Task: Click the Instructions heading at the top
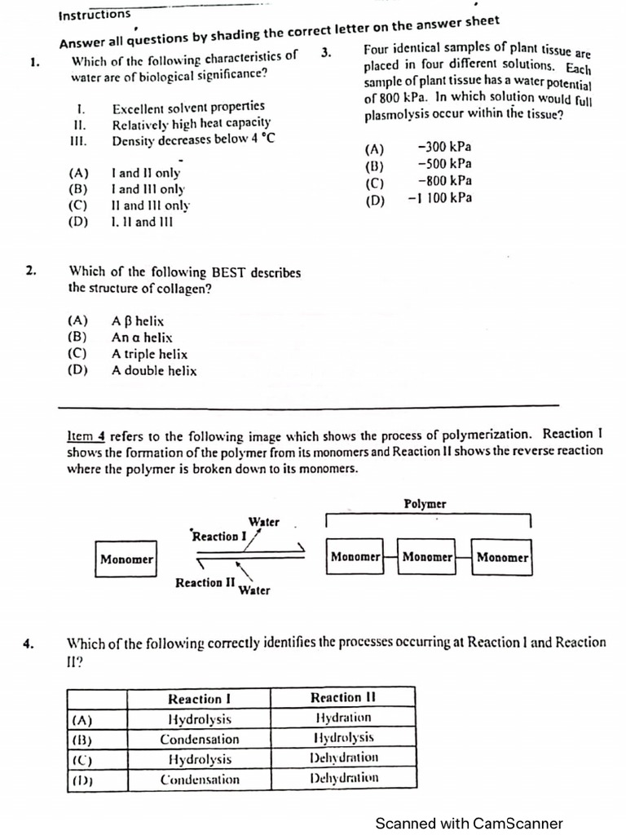click(x=95, y=15)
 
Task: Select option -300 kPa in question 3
click(x=443, y=148)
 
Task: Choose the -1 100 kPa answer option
click(x=439, y=198)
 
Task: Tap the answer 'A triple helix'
click(x=149, y=354)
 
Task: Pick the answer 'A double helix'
click(x=154, y=371)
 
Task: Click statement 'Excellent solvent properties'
click(x=188, y=107)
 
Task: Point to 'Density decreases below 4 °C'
click(x=193, y=139)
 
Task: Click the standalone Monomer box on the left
click(x=126, y=559)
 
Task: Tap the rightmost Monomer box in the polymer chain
click(x=502, y=558)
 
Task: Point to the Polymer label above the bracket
click(x=425, y=504)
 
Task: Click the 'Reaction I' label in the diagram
click(x=218, y=537)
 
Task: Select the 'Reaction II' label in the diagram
click(x=205, y=582)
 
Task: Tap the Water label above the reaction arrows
click(x=264, y=522)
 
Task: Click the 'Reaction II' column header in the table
click(x=342, y=698)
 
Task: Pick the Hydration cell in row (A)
click(x=343, y=718)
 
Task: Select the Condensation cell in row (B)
click(x=200, y=740)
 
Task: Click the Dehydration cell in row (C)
click(x=343, y=758)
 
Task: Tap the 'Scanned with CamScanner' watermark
click(x=469, y=823)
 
